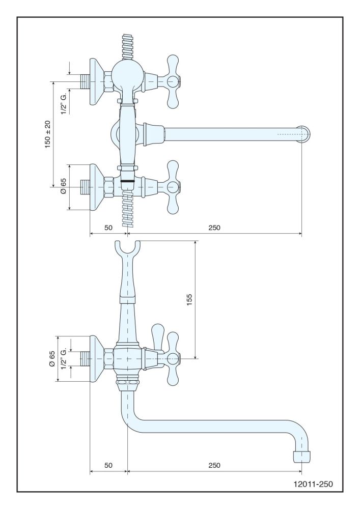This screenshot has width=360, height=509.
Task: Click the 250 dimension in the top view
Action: [x=214, y=228]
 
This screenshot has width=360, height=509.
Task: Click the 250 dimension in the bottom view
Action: [x=214, y=465]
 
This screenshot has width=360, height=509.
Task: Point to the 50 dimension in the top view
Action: [x=108, y=228]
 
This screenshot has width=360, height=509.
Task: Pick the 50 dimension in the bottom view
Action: [x=108, y=465]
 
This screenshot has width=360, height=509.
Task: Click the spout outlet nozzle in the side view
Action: [x=301, y=456]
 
